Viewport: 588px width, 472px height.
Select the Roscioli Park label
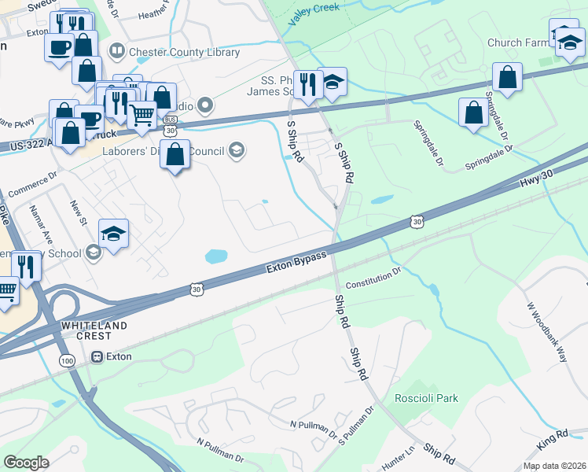426,399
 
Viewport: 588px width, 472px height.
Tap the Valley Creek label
313,17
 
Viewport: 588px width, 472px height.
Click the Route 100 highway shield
66,360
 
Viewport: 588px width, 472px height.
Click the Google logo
27,463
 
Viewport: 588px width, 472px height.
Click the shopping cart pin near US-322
141,116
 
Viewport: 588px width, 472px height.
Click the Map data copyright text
553,466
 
